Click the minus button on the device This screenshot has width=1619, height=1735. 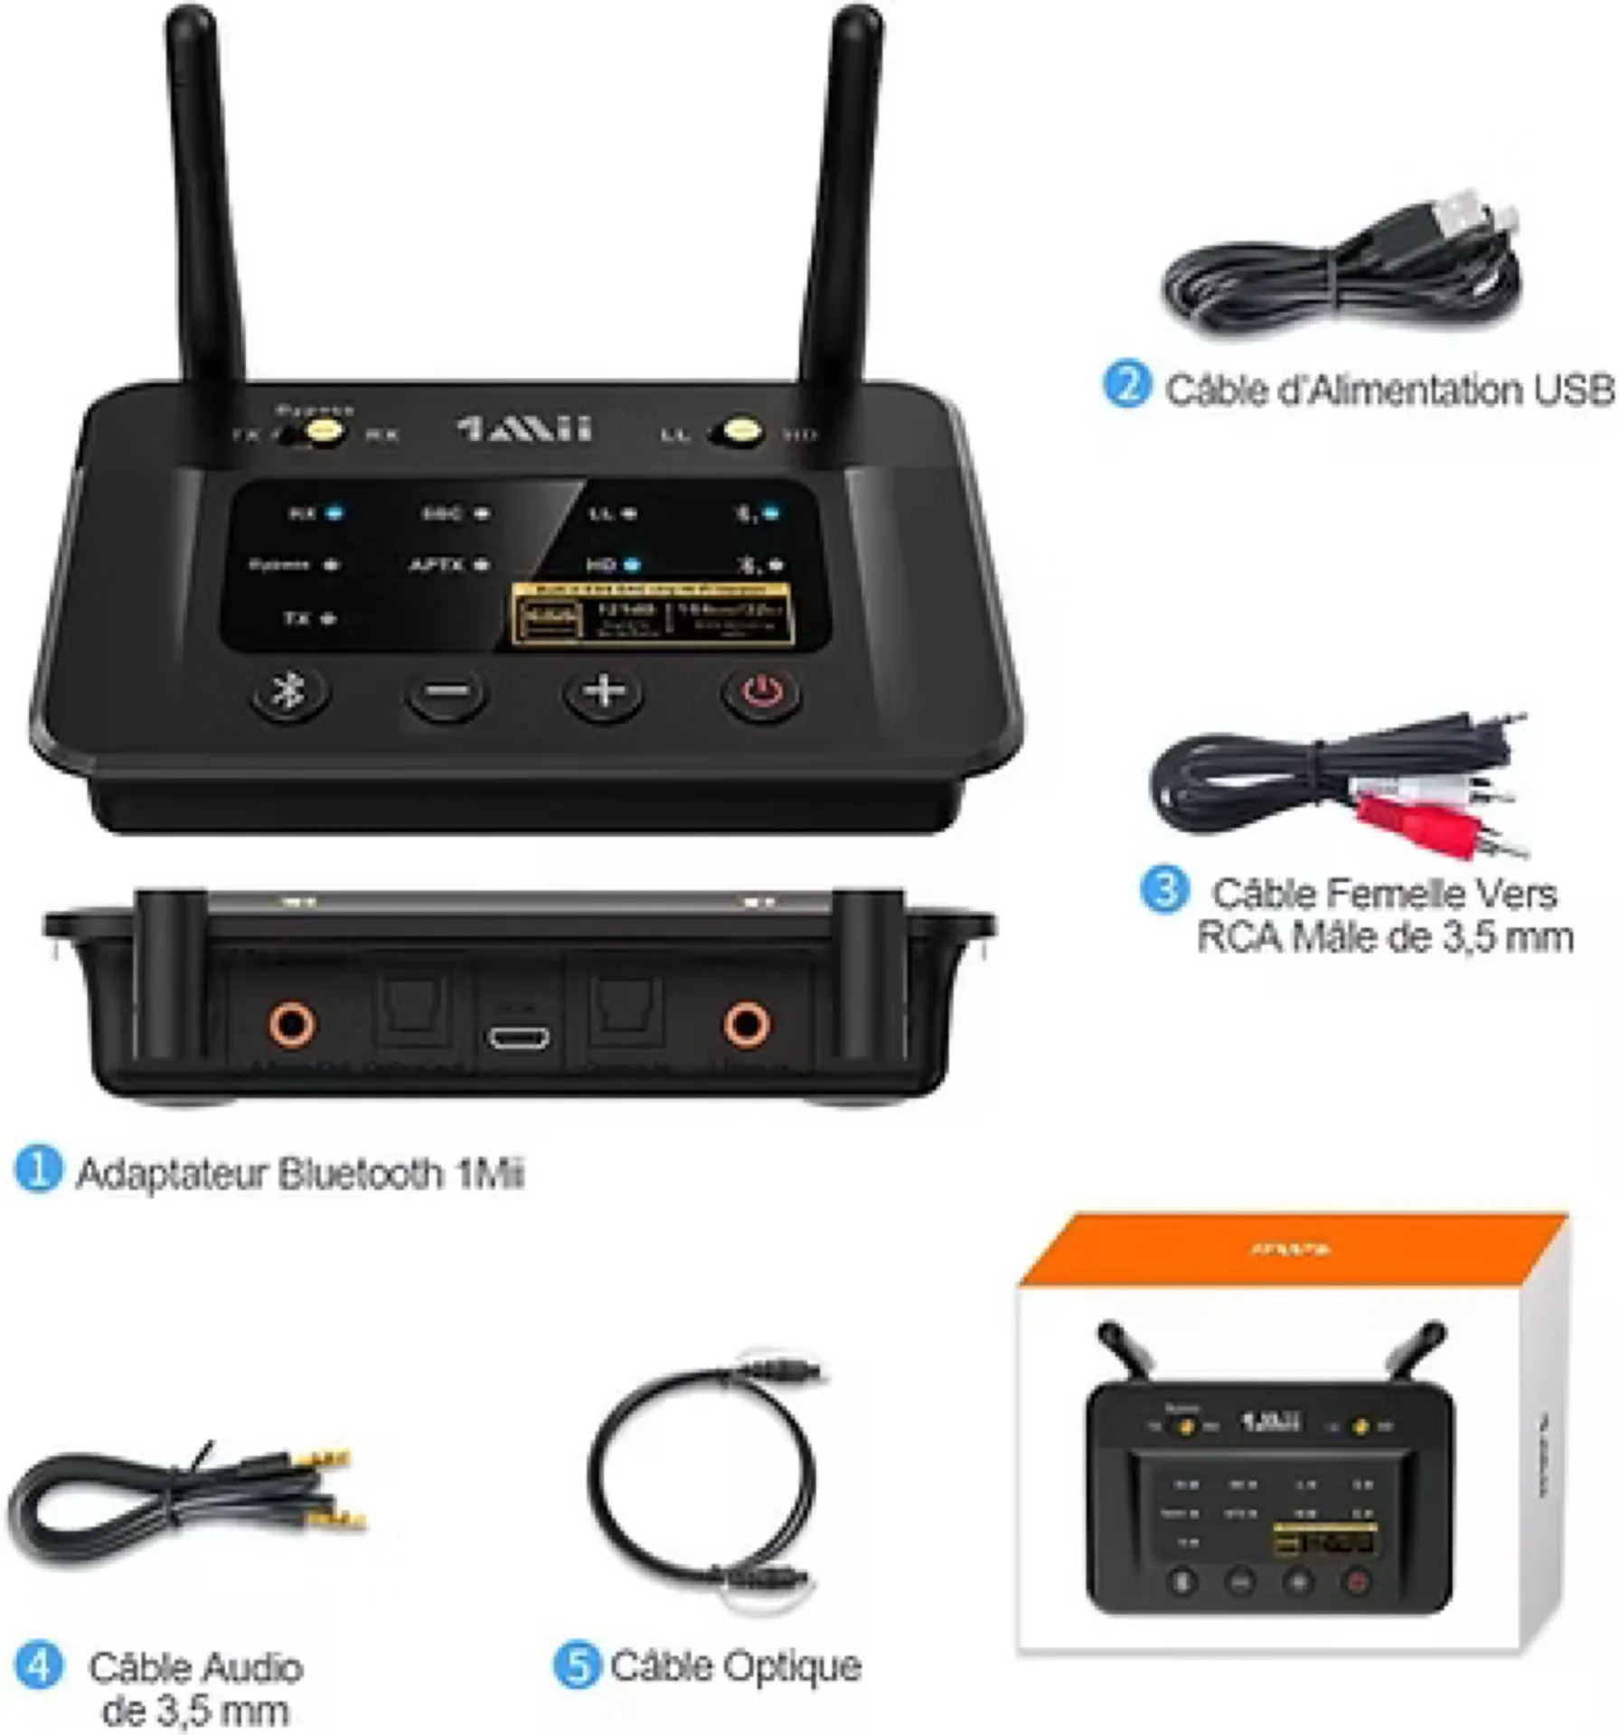[447, 693]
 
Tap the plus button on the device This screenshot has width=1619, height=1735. [604, 692]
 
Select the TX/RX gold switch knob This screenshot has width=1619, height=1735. [323, 431]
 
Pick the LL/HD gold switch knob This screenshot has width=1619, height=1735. [739, 431]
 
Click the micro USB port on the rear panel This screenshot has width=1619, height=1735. [519, 1037]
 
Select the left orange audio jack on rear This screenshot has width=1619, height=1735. [292, 1024]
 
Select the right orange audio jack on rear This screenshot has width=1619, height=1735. [747, 1024]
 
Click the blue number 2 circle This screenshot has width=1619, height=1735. [1126, 385]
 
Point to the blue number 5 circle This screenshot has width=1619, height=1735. [576, 1665]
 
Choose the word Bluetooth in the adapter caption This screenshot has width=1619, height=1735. [360, 1174]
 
